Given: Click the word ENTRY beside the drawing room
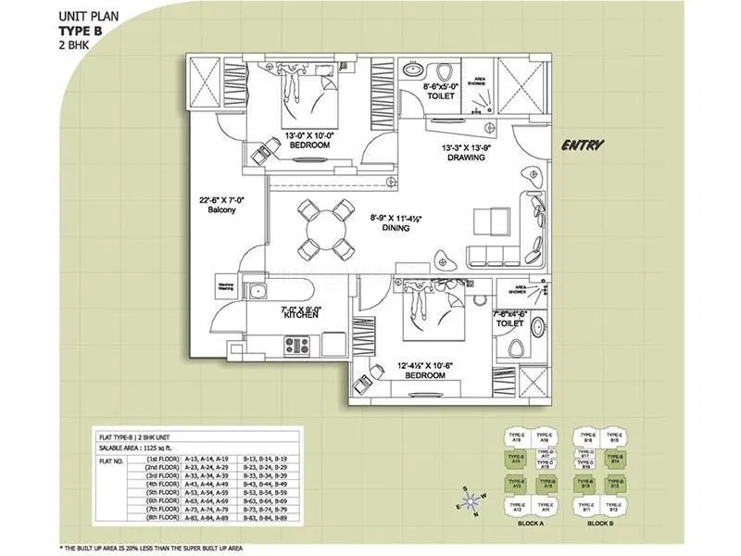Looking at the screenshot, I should click(584, 145).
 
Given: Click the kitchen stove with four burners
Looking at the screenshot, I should click(297, 346).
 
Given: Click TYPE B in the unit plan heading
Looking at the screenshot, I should click(82, 30).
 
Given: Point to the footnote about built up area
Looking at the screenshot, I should click(148, 549).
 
